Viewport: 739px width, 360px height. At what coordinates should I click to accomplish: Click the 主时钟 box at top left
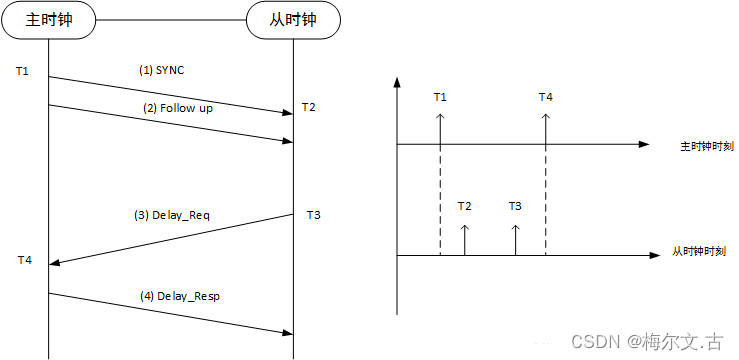point(48,20)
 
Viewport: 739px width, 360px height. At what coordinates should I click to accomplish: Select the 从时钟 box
point(293,20)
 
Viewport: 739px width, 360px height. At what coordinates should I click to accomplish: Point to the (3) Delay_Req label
point(171,215)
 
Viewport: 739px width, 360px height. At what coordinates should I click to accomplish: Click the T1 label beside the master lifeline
point(23,72)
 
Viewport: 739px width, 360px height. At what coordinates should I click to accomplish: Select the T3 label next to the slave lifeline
point(313,215)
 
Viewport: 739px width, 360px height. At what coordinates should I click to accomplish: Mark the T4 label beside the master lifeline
point(25,260)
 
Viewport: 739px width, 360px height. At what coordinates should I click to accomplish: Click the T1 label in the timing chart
point(440,97)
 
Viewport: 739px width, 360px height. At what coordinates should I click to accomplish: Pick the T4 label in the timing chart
point(545,97)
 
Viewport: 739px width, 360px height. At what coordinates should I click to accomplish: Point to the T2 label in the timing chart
point(464,206)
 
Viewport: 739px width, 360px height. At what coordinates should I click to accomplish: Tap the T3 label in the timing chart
point(515,206)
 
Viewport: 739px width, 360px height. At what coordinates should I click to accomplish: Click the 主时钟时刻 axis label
point(706,146)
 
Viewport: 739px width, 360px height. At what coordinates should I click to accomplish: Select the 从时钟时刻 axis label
point(698,252)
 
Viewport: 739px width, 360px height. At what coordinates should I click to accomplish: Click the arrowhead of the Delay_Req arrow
point(55,263)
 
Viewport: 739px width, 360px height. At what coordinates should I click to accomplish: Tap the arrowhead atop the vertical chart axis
point(397,80)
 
